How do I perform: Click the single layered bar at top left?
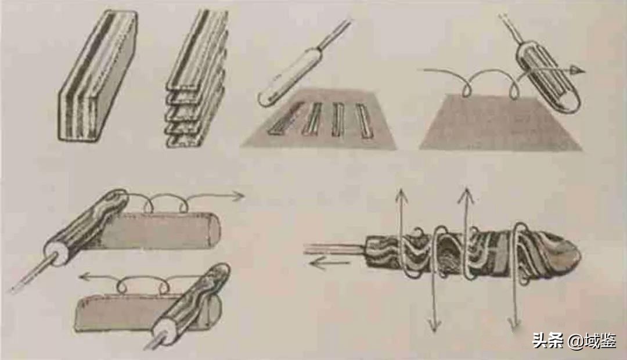[x=98, y=76]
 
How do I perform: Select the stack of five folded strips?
[x=197, y=78]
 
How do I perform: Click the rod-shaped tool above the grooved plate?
[x=304, y=62]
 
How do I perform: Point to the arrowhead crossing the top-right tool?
[x=578, y=71]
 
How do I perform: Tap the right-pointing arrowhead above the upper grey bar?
[x=239, y=196]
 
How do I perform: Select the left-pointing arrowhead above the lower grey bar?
[x=85, y=276]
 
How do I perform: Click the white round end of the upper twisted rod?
[x=56, y=252]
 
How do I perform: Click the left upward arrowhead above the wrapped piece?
[x=401, y=195]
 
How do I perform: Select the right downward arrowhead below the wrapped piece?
[x=513, y=322]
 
